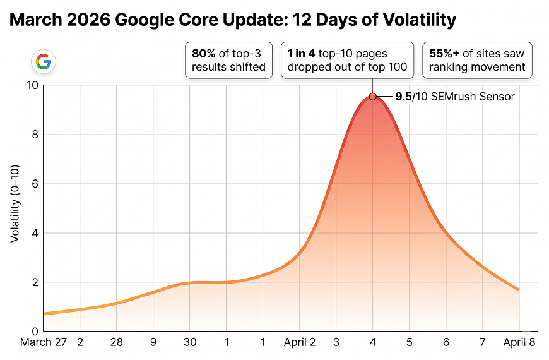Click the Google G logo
[x=44, y=61]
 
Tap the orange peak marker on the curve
[x=373, y=97]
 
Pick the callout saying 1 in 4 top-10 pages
[x=347, y=61]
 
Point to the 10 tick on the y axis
[x=32, y=85]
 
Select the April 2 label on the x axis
[x=300, y=343]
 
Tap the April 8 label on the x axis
[x=519, y=343]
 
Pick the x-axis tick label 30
[x=190, y=343]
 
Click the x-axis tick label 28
[x=117, y=343]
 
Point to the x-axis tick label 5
[x=410, y=343]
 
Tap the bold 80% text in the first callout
[x=204, y=54]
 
